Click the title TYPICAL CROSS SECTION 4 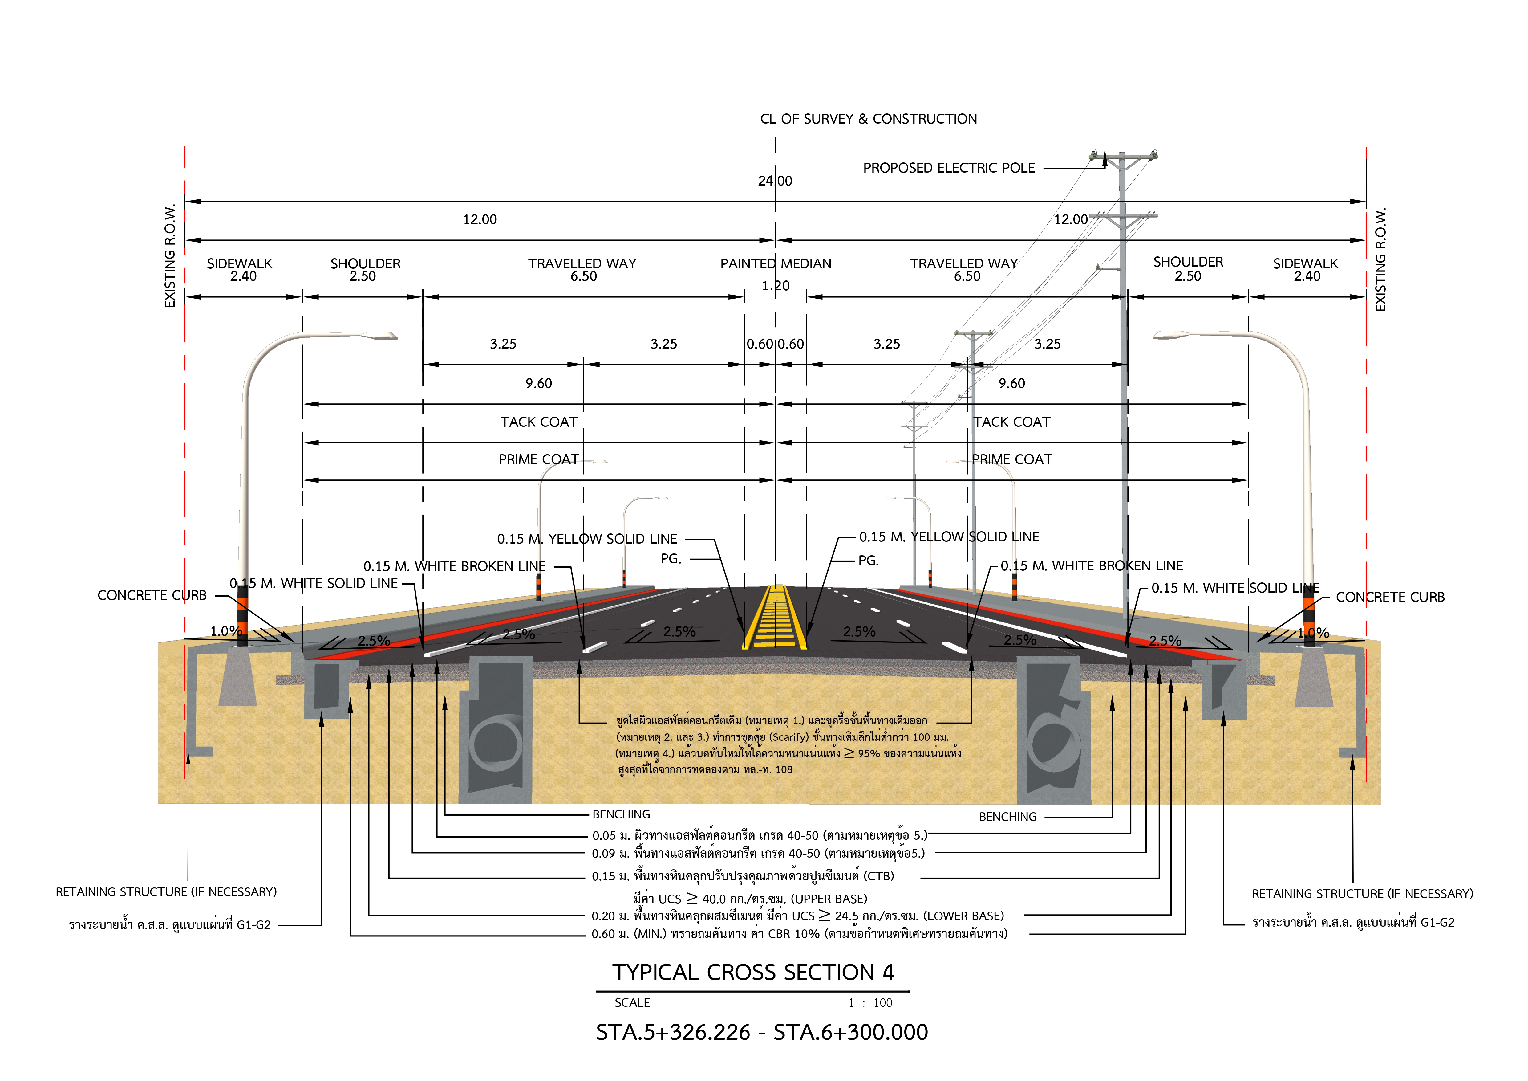click(753, 973)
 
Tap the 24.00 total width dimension click(775, 181)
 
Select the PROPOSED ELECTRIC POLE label click(949, 168)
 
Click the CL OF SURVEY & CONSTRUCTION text click(869, 119)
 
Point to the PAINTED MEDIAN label click(776, 263)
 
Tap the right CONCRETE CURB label click(1390, 597)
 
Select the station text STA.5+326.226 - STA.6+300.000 click(762, 1032)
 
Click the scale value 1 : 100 click(870, 1003)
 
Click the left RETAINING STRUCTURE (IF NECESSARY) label click(166, 892)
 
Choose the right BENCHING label click(1007, 817)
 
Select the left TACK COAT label click(539, 422)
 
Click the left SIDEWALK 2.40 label click(240, 270)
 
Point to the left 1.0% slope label click(225, 631)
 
